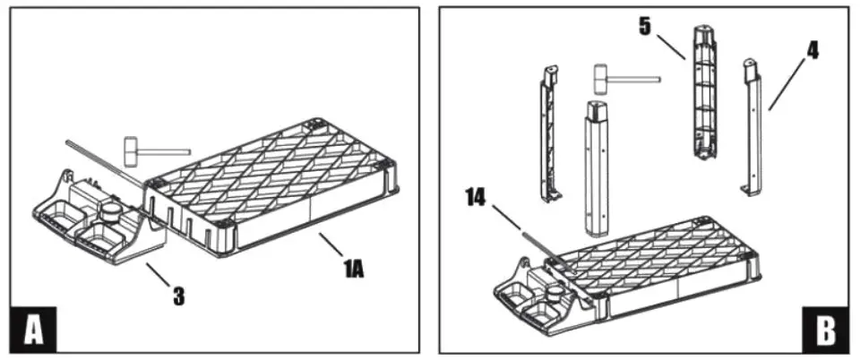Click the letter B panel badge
[825, 329]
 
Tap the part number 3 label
[178, 296]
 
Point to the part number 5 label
[644, 26]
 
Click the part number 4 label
[812, 50]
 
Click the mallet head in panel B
[599, 79]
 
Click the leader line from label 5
[669, 46]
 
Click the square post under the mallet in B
[596, 166]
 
